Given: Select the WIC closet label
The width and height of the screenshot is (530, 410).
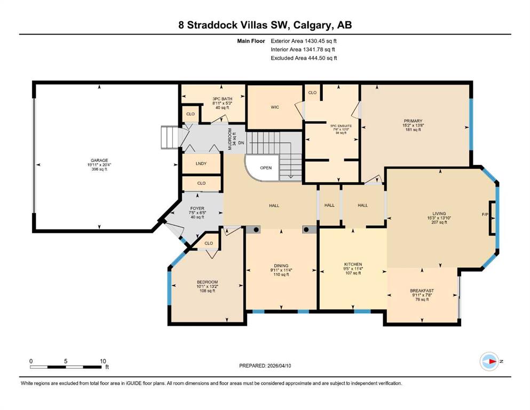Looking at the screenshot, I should pos(275,107).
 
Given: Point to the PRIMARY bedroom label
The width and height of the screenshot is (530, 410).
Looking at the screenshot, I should pos(412,121).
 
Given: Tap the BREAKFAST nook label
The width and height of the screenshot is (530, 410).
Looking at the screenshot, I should pos(422,291).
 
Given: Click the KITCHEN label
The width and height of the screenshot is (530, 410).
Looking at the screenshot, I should pos(353,264).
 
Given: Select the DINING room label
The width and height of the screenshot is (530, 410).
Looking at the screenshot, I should pos(281,265).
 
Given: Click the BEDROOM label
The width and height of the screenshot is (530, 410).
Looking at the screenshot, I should pos(207,282).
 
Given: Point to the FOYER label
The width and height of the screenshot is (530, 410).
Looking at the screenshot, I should pos(197,208).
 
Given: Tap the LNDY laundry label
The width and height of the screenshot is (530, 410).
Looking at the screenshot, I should pos(201,164).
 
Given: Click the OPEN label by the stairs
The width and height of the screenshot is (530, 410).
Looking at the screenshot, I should pos(266,168).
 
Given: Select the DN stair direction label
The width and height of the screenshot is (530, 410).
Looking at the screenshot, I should pos(241,143).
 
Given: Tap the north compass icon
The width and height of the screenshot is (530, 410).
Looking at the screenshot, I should pos(488,361).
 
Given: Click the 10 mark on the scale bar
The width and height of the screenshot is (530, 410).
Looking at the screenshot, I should pos(103,361).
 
